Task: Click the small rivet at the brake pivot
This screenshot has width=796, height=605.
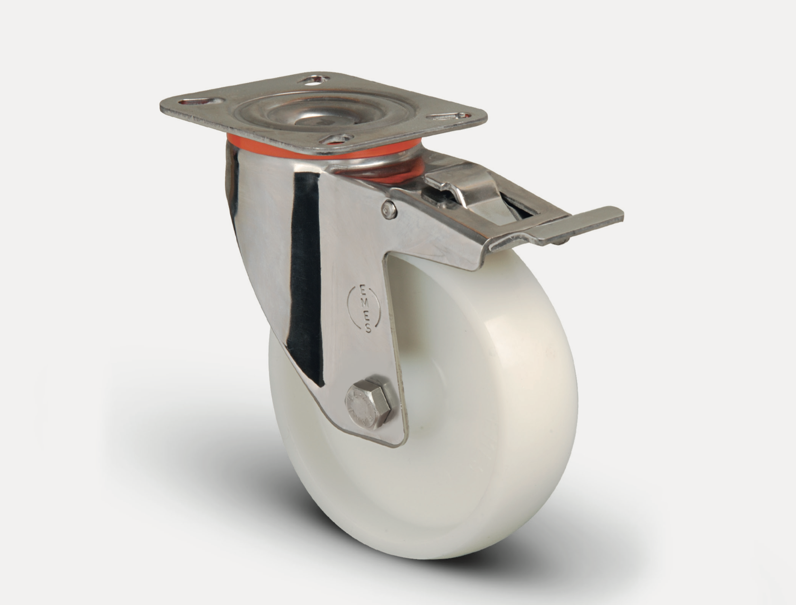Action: [389, 210]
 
